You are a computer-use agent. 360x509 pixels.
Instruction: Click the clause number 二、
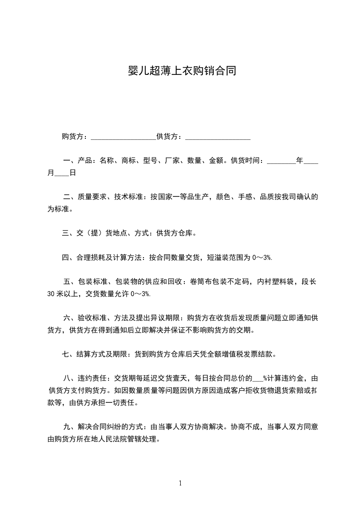[69, 197]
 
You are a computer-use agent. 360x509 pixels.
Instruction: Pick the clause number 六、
[69, 318]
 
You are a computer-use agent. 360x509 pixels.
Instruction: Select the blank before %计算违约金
[257, 378]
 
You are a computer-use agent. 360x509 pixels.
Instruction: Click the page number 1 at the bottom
[180, 483]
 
